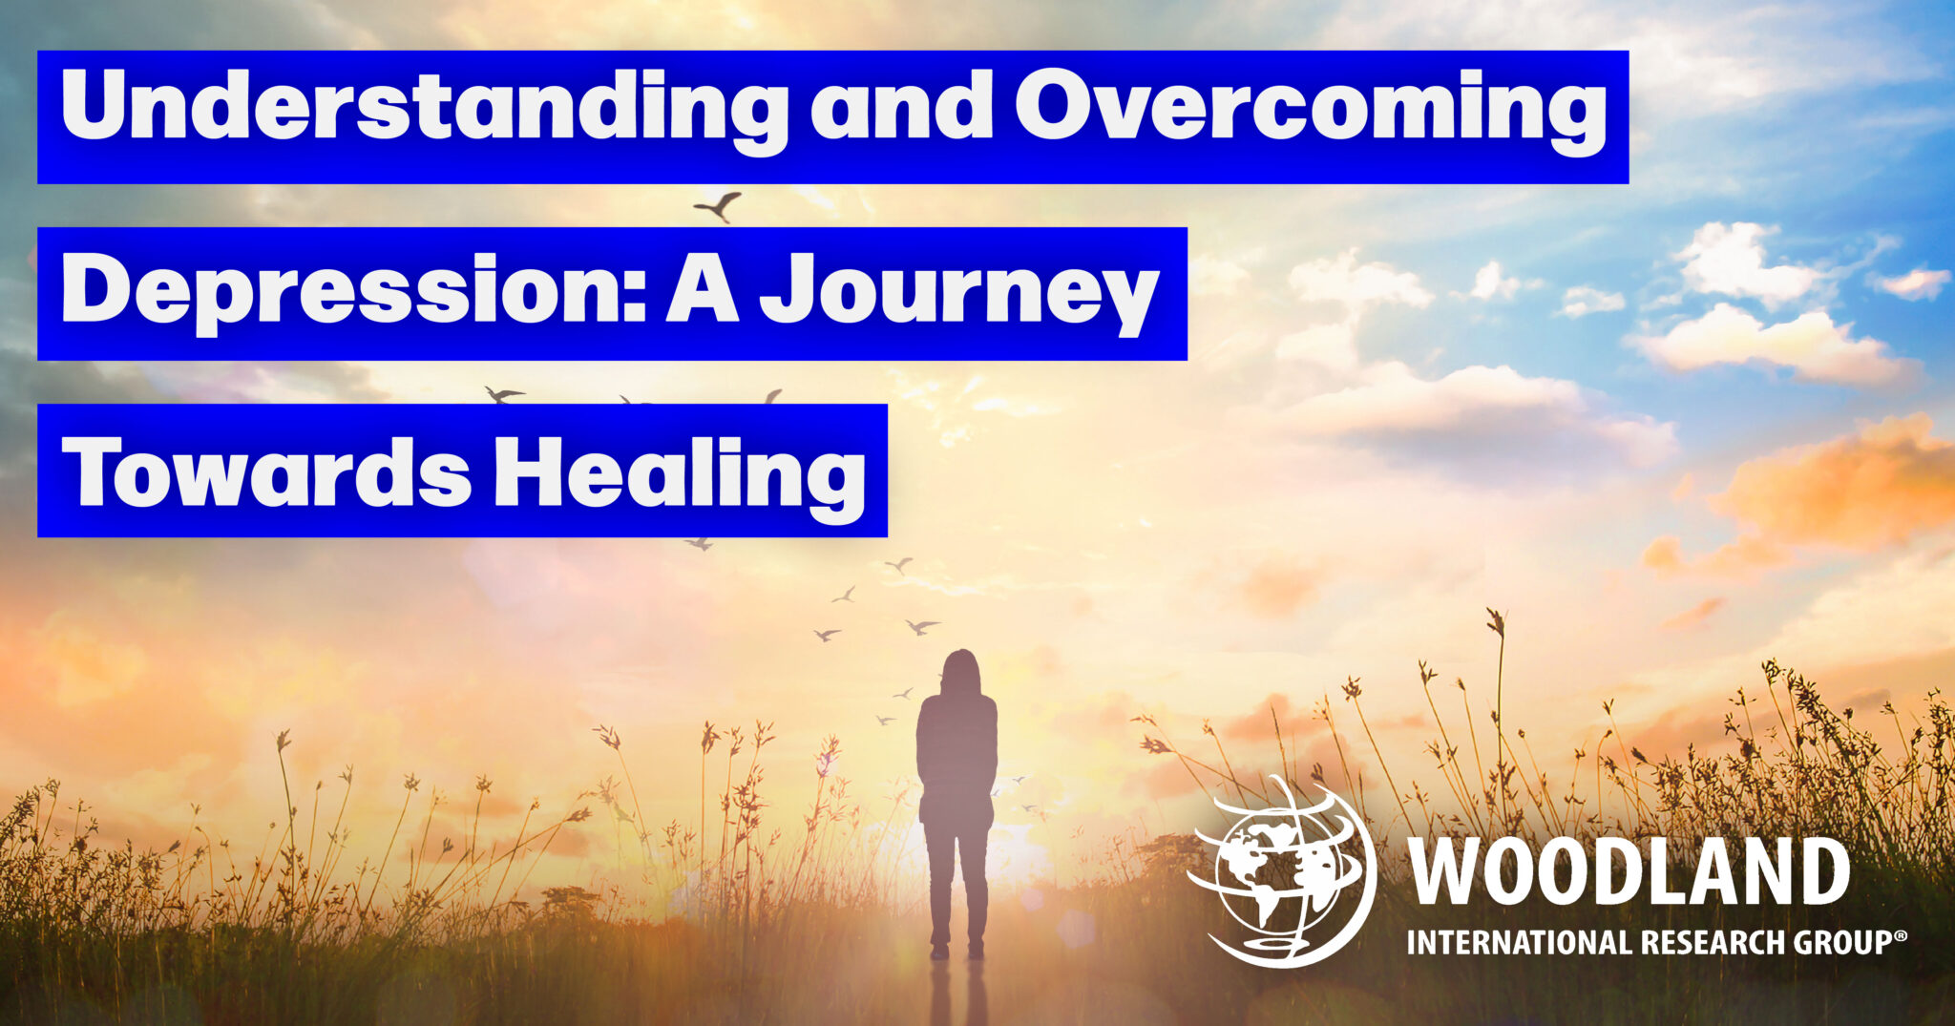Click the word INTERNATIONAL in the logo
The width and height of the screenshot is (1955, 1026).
tap(1522, 943)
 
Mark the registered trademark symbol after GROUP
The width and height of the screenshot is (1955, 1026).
tap(1901, 936)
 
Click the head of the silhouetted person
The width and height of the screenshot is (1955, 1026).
tap(960, 673)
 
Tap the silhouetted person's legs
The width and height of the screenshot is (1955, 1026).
tap(957, 888)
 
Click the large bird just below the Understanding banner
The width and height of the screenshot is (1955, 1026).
tap(719, 205)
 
